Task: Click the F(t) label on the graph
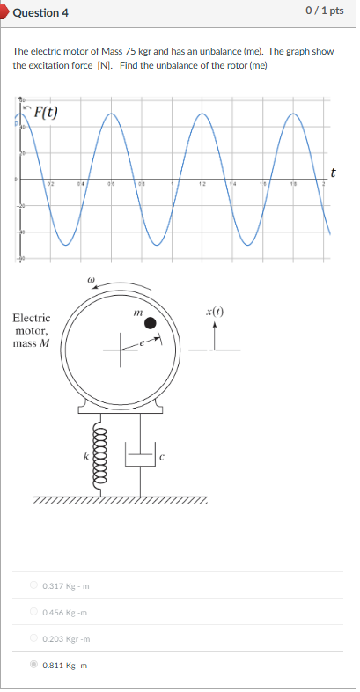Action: [x=45, y=112]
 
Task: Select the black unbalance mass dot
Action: [x=151, y=323]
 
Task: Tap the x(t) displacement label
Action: [x=215, y=312]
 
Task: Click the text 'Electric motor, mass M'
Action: [x=32, y=330]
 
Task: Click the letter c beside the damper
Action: [x=162, y=456]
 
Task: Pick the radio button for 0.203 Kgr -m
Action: [x=34, y=638]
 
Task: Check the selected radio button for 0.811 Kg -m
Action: [x=34, y=665]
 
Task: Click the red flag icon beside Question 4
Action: [x=4, y=12]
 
